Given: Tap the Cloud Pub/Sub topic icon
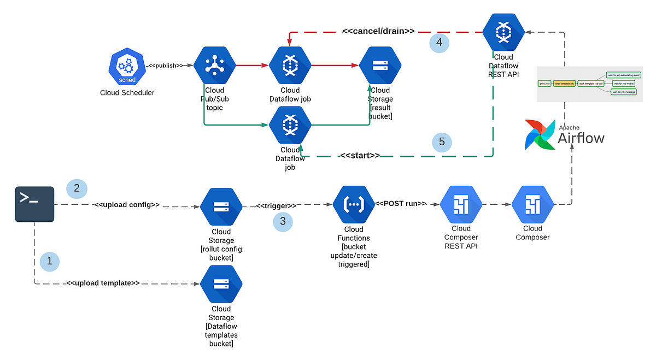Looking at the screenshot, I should point(214,65).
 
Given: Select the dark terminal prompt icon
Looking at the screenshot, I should point(34,204).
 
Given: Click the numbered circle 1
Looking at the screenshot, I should point(50,262).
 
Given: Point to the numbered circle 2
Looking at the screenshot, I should point(77,188).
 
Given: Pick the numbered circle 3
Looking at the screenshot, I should point(283,221).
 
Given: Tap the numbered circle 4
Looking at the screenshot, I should point(439,42).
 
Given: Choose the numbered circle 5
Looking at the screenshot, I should point(442,143).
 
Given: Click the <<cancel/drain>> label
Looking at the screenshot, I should point(378,31).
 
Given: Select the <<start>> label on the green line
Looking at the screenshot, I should point(360,155).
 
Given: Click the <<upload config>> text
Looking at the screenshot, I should point(127,205).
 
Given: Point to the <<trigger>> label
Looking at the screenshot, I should point(277,205).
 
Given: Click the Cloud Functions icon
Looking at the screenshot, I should point(354,206).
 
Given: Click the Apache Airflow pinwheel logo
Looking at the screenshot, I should point(540,134).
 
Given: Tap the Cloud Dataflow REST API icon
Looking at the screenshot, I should point(503,33).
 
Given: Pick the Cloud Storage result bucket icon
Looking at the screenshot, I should point(380,65).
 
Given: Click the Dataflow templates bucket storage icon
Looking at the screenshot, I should point(221,285).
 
